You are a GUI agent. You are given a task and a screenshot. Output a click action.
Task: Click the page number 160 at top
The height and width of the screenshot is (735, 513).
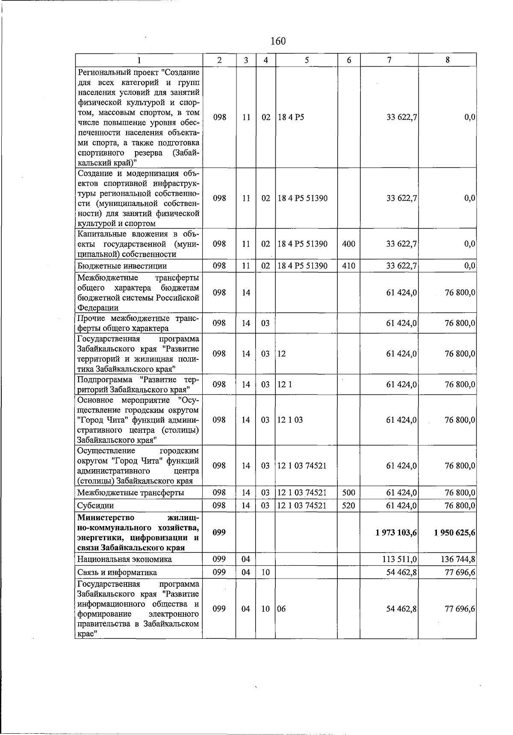click(x=278, y=41)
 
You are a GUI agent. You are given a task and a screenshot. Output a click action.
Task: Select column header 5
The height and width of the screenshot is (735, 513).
click(x=307, y=60)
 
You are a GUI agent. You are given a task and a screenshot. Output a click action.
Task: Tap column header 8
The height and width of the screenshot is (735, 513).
click(x=447, y=60)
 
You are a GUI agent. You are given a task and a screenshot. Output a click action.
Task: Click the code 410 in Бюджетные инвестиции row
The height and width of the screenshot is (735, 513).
click(x=348, y=266)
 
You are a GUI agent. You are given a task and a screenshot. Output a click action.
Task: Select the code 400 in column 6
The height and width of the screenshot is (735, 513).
click(x=348, y=244)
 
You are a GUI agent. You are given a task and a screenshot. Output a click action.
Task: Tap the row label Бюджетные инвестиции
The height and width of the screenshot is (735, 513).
click(x=122, y=266)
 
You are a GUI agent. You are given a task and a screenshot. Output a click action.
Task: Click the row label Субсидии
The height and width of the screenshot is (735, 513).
click(x=95, y=506)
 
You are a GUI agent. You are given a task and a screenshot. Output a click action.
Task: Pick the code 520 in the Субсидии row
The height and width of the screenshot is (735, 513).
click(x=348, y=506)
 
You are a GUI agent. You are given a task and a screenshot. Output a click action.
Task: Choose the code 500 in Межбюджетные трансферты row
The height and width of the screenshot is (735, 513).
click(x=348, y=493)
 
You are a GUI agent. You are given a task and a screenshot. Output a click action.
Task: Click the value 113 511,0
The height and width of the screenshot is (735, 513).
click(x=401, y=559)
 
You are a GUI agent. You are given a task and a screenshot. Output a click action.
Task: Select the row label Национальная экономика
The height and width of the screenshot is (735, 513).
click(x=124, y=559)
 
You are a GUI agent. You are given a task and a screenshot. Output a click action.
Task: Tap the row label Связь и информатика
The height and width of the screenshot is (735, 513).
click(x=117, y=572)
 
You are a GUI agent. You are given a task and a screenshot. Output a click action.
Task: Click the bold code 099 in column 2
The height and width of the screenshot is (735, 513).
click(x=219, y=532)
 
